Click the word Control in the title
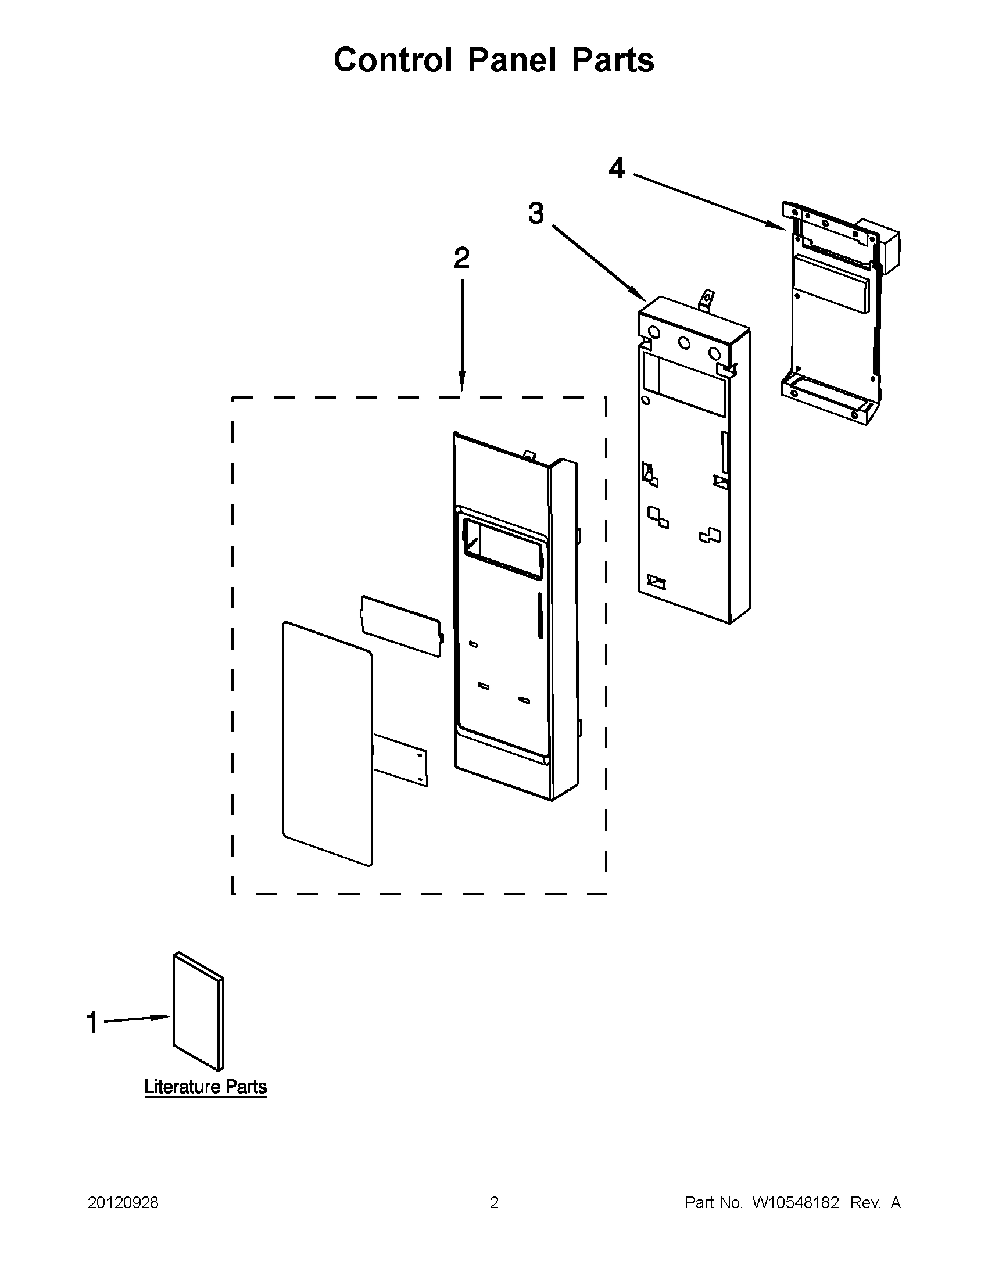(x=393, y=60)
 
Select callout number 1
(x=92, y=1023)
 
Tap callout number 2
(x=461, y=258)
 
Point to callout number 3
(x=535, y=213)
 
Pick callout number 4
(x=616, y=169)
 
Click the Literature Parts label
(x=205, y=1087)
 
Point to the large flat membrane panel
(x=327, y=744)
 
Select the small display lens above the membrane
(x=400, y=626)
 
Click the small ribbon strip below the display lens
(x=400, y=759)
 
